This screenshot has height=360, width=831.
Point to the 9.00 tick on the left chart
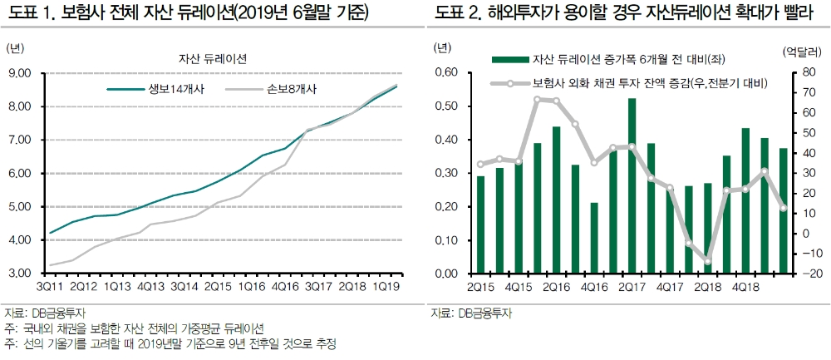[x=19, y=73]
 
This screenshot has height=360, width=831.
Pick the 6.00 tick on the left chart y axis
[x=19, y=173]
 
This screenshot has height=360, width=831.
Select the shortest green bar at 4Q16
[x=593, y=238]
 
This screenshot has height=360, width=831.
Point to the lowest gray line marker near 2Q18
[x=708, y=261]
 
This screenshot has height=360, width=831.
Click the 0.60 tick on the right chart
[x=445, y=73]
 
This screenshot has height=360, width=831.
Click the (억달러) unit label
[x=801, y=51]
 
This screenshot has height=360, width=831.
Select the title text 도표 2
[x=454, y=15]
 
